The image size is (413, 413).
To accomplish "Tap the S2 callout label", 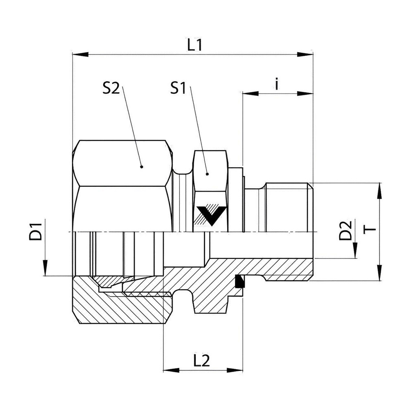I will coord(111,88).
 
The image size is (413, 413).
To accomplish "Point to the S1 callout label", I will coord(178,88).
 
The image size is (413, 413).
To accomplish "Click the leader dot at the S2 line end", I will coord(142,167).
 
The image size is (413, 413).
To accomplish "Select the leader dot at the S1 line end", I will coord(207,174).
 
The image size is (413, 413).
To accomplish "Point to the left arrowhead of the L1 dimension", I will coord(81,55).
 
